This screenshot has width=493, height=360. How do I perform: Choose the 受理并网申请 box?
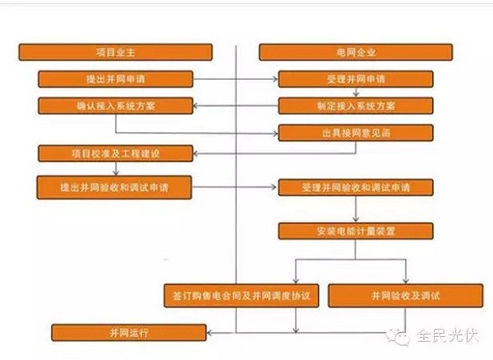pos(355,80)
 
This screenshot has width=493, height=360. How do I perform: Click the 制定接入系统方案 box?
pos(355,106)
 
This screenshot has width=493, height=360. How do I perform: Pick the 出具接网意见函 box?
pos(355,132)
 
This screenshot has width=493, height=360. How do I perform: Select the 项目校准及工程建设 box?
pos(115,153)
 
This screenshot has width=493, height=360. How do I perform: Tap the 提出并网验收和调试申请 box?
pos(115,187)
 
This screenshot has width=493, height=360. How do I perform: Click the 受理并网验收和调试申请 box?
pos(355,187)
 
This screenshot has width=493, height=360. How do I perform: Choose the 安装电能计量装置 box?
pos(355,231)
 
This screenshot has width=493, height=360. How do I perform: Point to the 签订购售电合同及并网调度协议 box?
pos(239,295)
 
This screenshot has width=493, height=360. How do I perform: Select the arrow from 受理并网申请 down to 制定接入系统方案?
pos(355,93)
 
